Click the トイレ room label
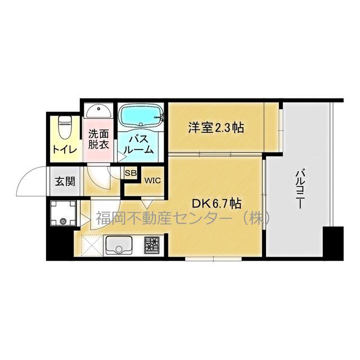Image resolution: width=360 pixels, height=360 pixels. (x=65, y=150)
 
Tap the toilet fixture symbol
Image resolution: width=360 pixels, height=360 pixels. (x=65, y=128)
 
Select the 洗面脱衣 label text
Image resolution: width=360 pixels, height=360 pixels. (x=98, y=139)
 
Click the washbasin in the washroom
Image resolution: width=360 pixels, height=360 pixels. (x=99, y=112)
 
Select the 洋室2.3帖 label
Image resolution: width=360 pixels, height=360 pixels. (x=216, y=128)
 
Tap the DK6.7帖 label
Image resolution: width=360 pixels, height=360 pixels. (x=217, y=204)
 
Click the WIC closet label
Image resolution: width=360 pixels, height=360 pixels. (x=152, y=181)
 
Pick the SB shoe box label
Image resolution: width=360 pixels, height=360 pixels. (x=130, y=173)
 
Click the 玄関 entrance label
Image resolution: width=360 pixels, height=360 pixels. (x=65, y=182)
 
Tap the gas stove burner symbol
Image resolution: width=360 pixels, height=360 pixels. (x=152, y=245)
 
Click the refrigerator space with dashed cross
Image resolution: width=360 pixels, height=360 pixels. (x=92, y=245)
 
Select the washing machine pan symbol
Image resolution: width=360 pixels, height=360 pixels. (x=63, y=213)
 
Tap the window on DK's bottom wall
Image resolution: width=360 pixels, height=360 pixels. (x=213, y=259)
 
